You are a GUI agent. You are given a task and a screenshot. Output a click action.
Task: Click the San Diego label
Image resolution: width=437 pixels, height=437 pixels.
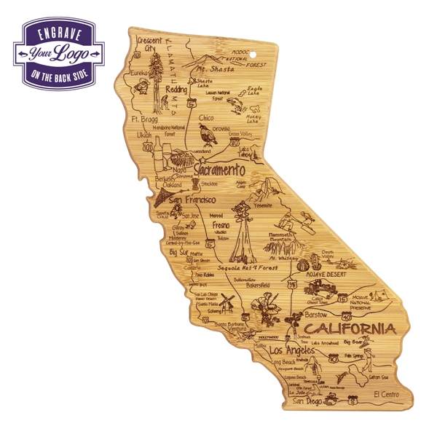[x=307, y=400]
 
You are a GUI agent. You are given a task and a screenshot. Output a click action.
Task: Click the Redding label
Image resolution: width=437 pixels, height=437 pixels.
[x=176, y=89]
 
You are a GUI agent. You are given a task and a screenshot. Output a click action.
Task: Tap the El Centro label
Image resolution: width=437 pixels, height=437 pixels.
[x=384, y=394]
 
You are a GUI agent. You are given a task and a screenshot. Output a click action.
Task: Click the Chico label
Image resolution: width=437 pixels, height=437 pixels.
[x=206, y=117]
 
